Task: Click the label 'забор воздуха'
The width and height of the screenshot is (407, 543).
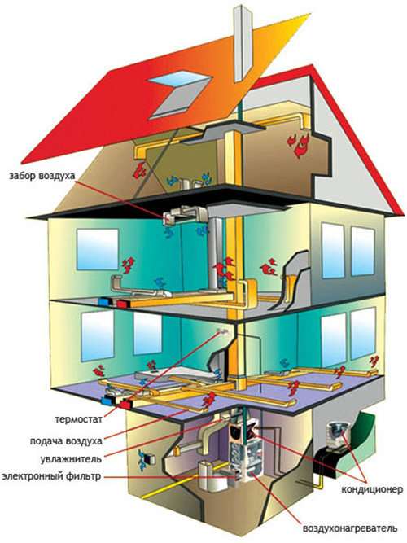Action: tap(42, 176)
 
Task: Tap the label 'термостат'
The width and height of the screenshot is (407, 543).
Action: tap(79, 419)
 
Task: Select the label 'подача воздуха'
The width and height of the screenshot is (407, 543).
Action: tap(66, 441)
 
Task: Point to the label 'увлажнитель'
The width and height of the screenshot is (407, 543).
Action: tap(71, 459)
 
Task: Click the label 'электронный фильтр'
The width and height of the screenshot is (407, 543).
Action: tap(51, 476)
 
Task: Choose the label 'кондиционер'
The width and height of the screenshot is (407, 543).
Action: tap(372, 489)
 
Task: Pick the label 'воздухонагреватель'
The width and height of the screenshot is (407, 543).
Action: tap(350, 529)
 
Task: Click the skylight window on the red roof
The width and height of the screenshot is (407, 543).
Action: tap(179, 93)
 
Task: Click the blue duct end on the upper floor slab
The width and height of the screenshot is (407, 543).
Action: tap(103, 302)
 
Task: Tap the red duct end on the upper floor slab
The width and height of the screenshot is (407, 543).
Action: tap(122, 304)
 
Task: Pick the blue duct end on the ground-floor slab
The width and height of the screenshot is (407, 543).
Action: tap(107, 401)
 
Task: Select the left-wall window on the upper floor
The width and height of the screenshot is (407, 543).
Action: tap(98, 249)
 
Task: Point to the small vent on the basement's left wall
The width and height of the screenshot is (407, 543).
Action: tap(148, 459)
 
